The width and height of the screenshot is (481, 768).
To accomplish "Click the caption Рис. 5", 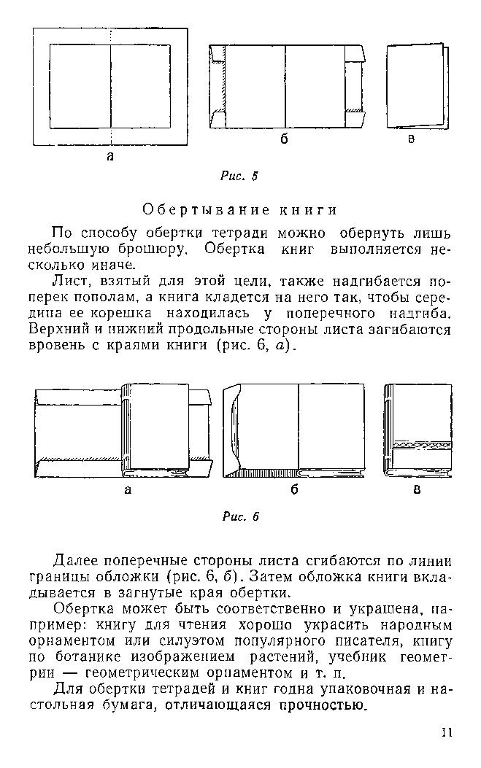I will click(x=239, y=176).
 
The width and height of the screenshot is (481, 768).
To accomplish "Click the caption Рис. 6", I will click(x=240, y=516).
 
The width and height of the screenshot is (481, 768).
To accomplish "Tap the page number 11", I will click(x=447, y=732).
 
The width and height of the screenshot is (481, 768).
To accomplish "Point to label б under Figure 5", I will click(x=284, y=140).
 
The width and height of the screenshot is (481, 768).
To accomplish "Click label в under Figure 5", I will click(x=411, y=140).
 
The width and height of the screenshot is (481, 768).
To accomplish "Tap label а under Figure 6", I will click(x=128, y=490).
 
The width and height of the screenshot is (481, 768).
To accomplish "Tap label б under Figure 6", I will click(x=294, y=490).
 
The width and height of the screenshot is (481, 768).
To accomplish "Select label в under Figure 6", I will click(x=417, y=490).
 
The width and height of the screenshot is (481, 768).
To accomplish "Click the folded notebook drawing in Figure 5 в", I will click(x=414, y=85).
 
